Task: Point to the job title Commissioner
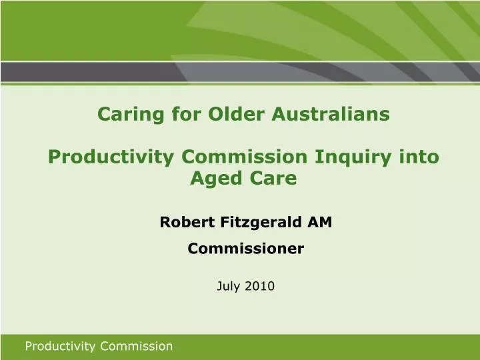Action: click(x=245, y=249)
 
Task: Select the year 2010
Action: click(x=259, y=286)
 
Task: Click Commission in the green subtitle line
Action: click(x=251, y=157)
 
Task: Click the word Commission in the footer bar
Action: click(x=137, y=346)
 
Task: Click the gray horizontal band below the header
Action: click(x=240, y=72)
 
